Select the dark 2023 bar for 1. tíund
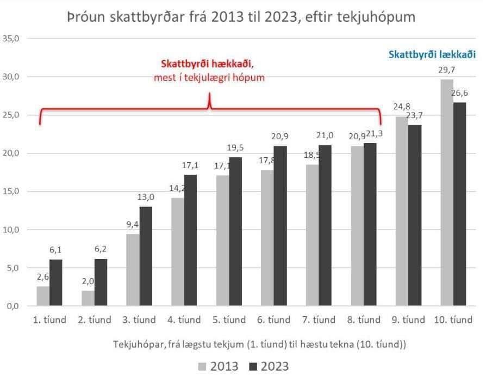tap(56, 282)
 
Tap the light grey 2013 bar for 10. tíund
tap(446, 193)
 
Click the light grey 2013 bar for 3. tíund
tap(133, 270)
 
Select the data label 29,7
tap(446, 70)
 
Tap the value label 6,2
tap(101, 249)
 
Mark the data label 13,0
tap(146, 198)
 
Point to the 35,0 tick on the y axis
tap(11, 39)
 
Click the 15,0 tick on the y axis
tap(11, 192)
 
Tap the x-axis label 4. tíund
tap(184, 320)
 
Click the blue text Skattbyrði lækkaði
tap(432, 54)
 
